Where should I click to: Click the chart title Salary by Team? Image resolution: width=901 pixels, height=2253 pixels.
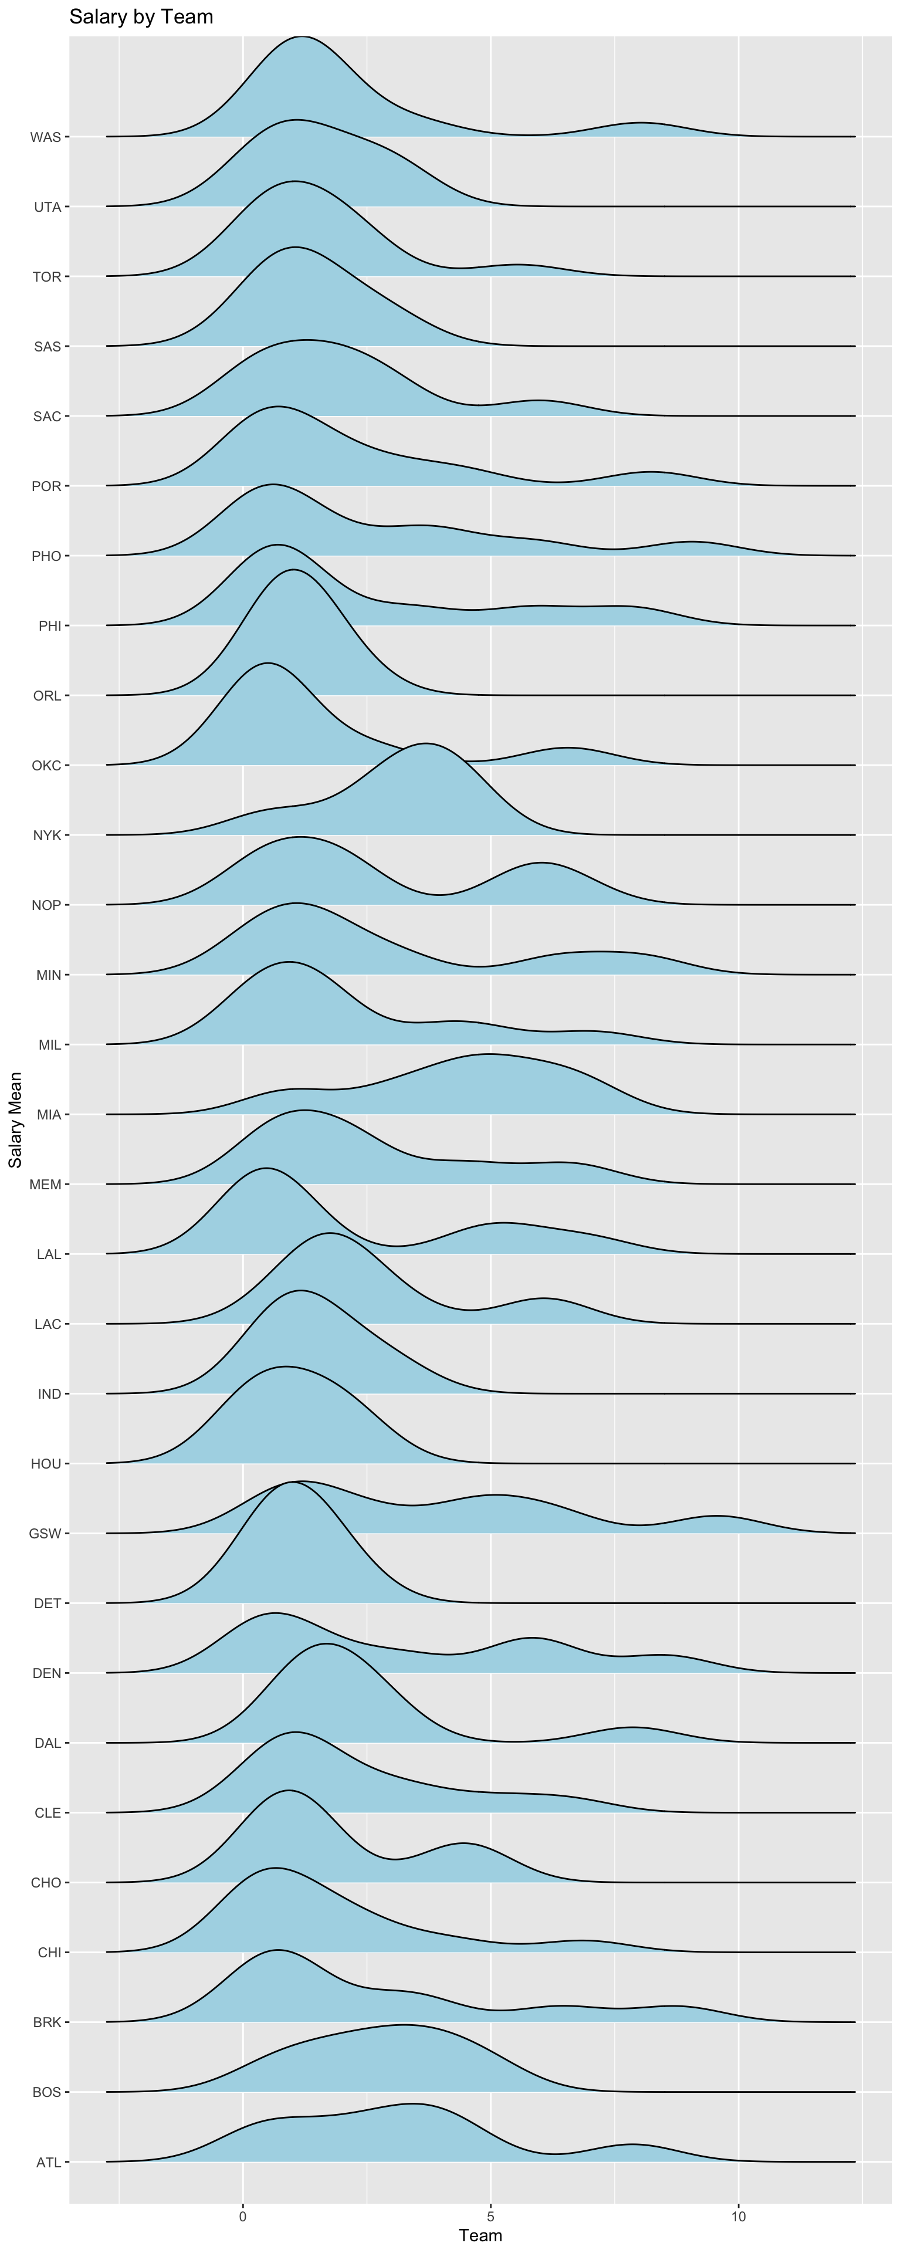(141, 16)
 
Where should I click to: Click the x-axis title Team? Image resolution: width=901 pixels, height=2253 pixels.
(480, 2235)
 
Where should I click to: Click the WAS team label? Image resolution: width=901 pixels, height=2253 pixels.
(46, 137)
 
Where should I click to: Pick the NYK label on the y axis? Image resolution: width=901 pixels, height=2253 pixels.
(48, 835)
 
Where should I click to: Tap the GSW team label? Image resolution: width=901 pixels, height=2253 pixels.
(46, 1533)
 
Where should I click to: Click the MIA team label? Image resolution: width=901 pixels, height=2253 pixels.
(49, 1114)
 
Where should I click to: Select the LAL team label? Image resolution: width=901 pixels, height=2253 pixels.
(49, 1254)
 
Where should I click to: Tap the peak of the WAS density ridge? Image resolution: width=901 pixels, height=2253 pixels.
(302, 37)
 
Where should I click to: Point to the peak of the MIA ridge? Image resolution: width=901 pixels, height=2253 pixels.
(488, 1055)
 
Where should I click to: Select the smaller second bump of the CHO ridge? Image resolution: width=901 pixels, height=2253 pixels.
(463, 1843)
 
